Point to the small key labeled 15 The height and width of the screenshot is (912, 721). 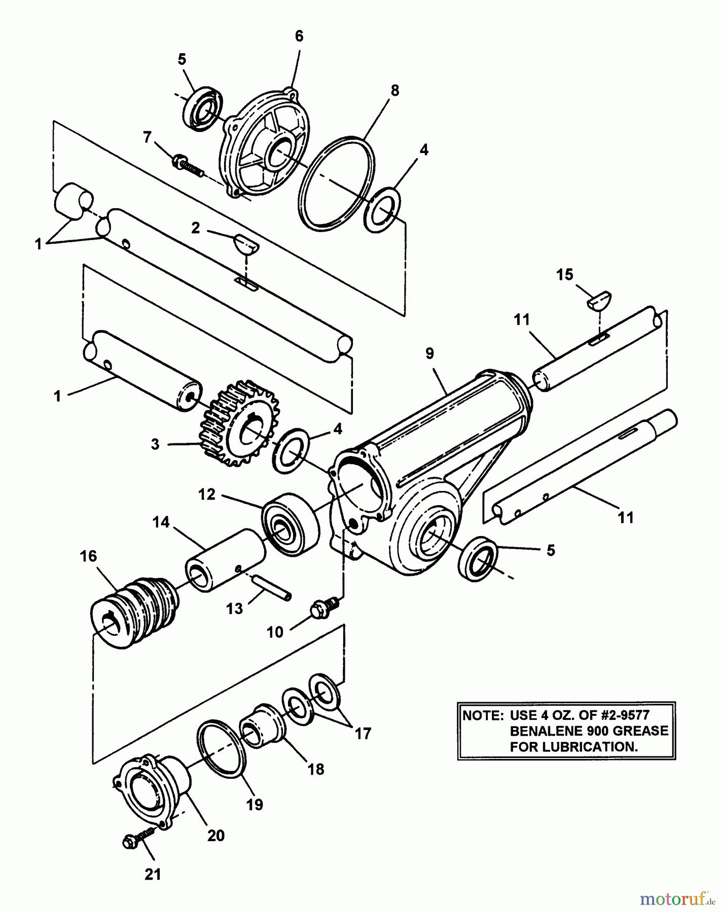[x=600, y=300]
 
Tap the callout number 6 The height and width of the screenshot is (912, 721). [x=299, y=36]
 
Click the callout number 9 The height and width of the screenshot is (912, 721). [x=429, y=354]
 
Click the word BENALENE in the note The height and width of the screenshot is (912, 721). [x=546, y=731]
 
